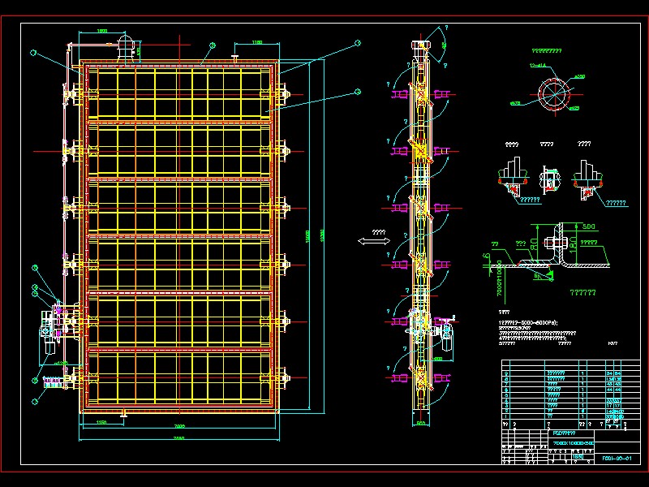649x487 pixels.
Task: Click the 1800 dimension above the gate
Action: tap(102, 31)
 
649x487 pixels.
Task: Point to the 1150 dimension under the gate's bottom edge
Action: tap(101, 423)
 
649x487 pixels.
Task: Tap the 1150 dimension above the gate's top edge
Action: tap(256, 41)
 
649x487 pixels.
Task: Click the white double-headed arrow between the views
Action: tap(372, 241)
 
